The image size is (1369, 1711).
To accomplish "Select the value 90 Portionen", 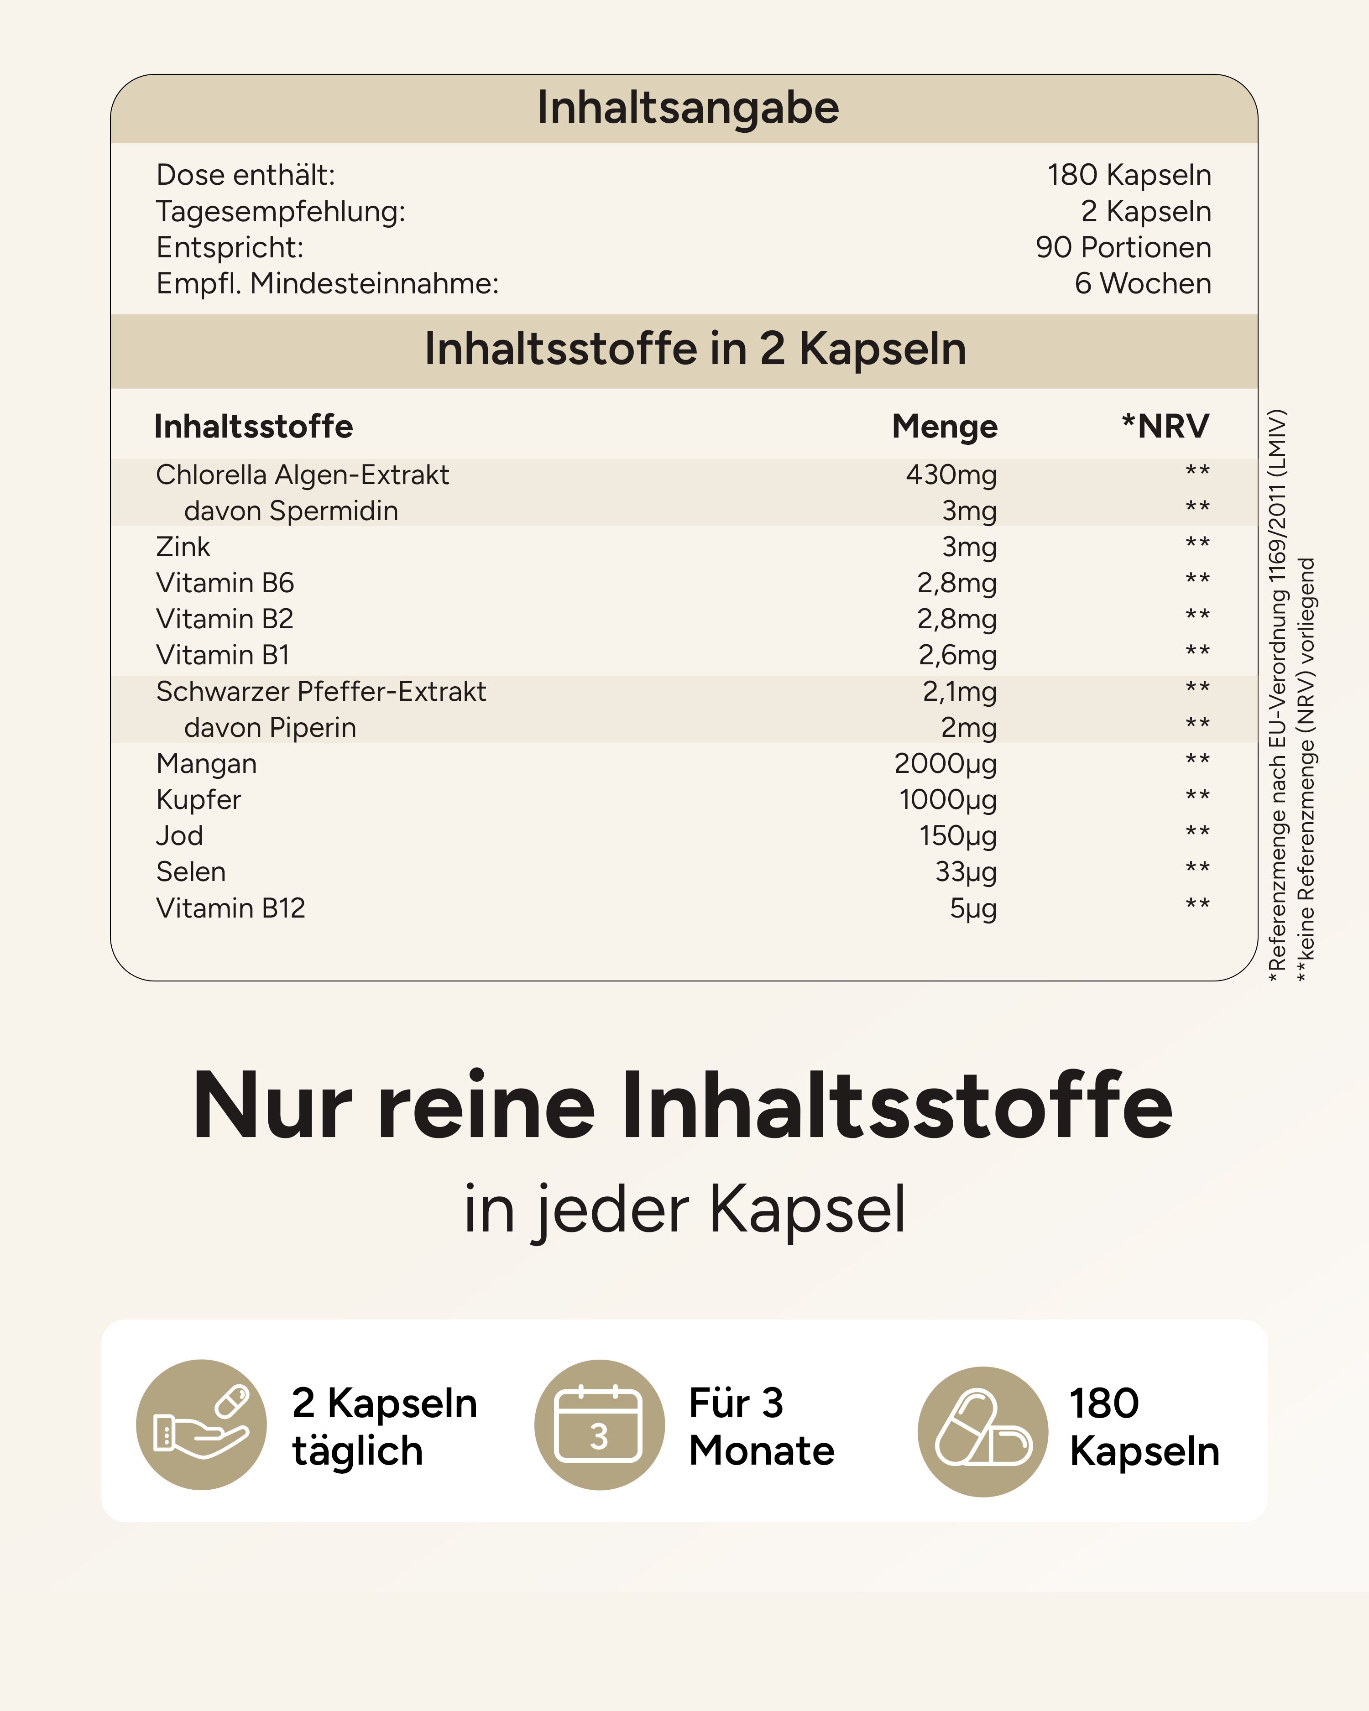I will click(1123, 248).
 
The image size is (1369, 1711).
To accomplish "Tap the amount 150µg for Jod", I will click(958, 836).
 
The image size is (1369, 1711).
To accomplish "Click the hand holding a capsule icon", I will click(202, 1424).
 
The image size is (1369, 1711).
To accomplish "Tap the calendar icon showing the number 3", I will click(599, 1424).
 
